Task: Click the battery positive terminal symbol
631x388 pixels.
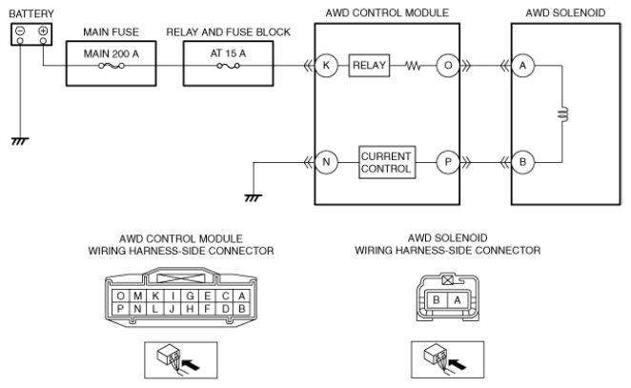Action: (43, 31)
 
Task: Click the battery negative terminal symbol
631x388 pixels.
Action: (20, 31)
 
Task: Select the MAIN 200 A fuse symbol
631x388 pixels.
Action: (112, 66)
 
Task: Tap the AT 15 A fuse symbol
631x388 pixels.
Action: (228, 66)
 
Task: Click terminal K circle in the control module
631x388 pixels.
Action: (326, 65)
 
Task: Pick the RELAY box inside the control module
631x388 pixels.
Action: (369, 65)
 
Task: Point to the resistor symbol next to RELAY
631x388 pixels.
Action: (413, 65)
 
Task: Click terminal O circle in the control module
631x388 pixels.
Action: (448, 65)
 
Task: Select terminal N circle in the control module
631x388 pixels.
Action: (326, 162)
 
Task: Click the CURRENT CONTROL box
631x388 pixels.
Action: (387, 162)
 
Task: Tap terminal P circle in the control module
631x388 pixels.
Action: (448, 162)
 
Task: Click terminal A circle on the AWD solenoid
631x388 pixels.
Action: (522, 65)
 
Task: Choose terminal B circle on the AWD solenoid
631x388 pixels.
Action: (522, 162)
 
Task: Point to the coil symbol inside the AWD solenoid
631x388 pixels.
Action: (563, 114)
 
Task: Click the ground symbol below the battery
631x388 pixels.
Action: (20, 141)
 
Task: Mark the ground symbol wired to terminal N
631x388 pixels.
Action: (254, 198)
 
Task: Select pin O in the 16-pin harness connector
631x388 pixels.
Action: (120, 296)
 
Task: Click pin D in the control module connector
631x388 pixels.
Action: (225, 309)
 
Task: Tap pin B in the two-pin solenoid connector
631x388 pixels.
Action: (437, 300)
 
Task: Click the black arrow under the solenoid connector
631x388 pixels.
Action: (458, 364)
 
